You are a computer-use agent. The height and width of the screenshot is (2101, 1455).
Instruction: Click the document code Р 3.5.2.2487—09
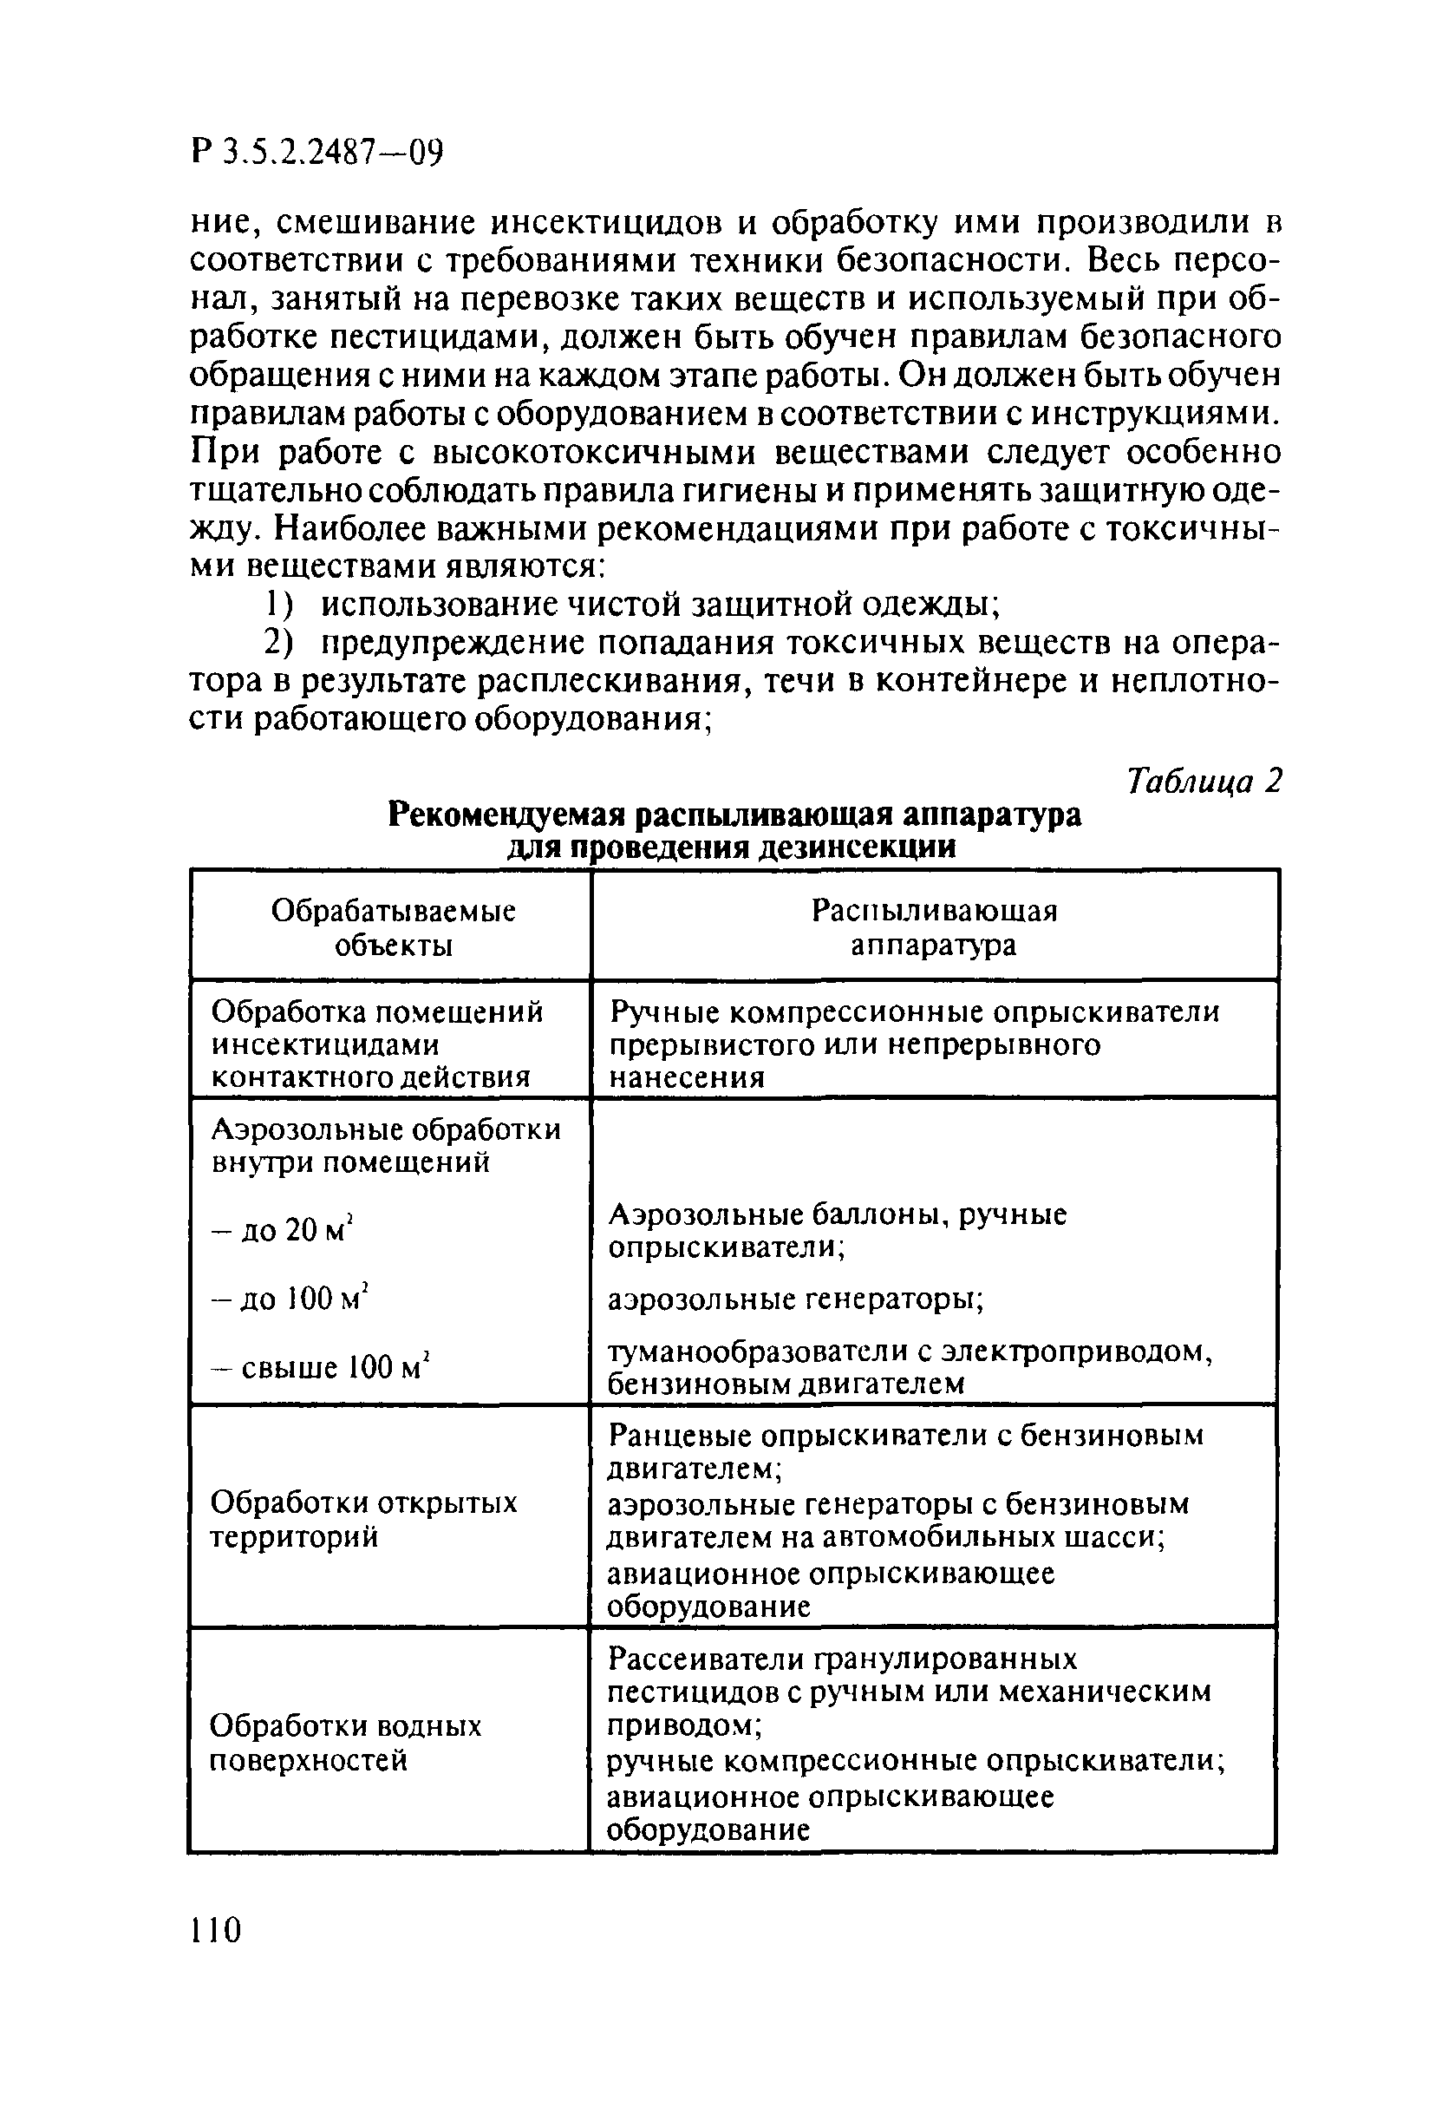click(x=316, y=152)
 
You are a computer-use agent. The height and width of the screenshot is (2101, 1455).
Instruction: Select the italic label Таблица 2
click(x=1204, y=781)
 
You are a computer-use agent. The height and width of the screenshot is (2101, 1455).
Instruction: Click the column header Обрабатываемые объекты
click(x=393, y=927)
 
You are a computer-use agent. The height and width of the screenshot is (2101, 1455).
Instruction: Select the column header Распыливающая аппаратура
click(x=934, y=927)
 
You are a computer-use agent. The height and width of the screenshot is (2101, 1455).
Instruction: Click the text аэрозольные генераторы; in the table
click(x=795, y=1299)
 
